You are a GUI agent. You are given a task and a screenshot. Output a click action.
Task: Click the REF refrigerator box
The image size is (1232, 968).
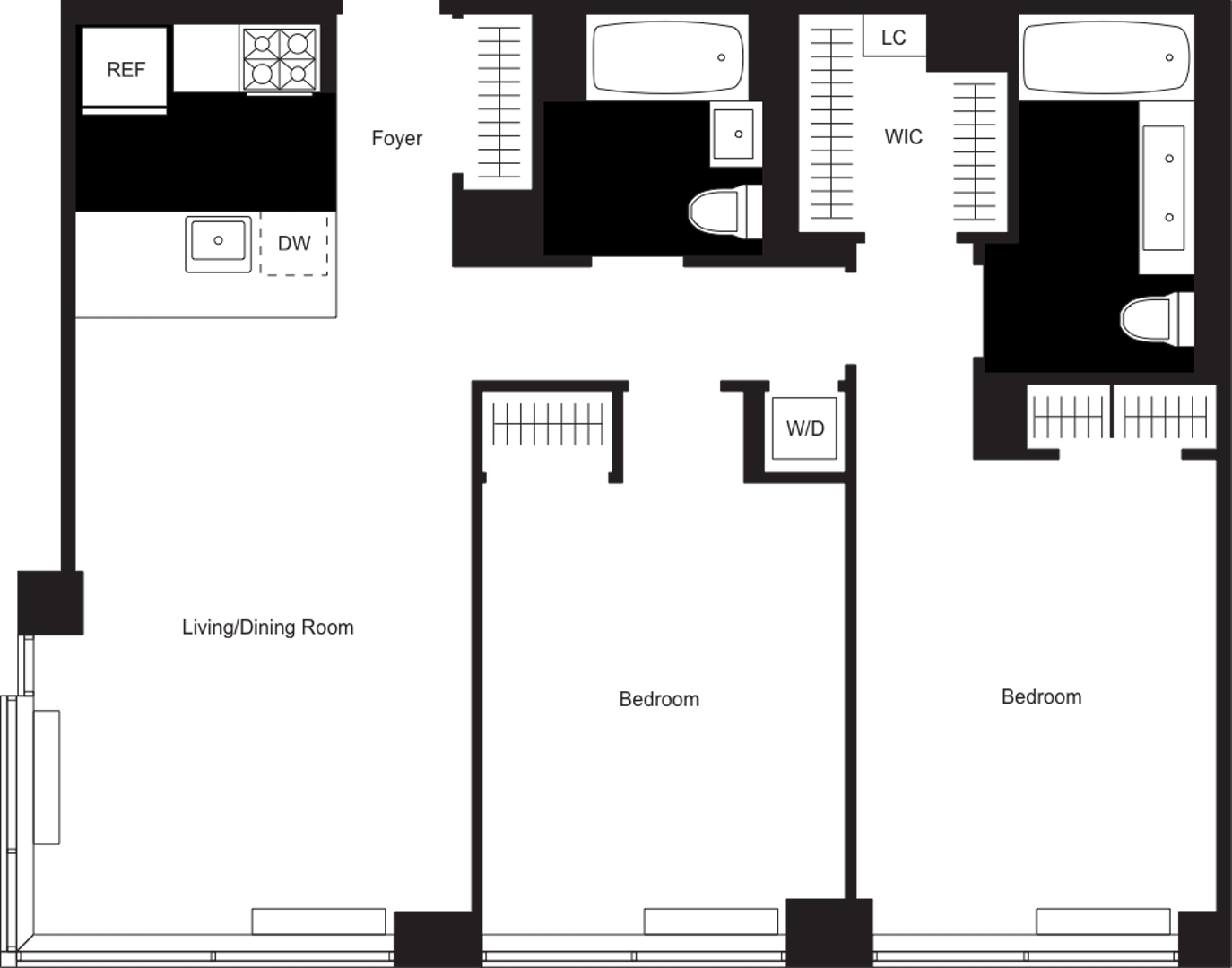coord(125,68)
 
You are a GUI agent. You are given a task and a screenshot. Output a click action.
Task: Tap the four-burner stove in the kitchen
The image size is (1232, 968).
coord(280,58)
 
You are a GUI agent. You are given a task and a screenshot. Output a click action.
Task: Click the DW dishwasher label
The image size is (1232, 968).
coord(294,243)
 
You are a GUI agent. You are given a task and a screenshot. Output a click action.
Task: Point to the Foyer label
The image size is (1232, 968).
coord(397,139)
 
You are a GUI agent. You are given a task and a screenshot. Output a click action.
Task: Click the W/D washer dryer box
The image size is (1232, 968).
coord(804,428)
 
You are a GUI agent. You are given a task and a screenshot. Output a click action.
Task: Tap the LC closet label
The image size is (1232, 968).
coord(893,38)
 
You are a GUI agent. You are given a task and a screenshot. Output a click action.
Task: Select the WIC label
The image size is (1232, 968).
coord(903,136)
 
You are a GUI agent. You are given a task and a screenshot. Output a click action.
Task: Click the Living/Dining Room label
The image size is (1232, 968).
coord(267,627)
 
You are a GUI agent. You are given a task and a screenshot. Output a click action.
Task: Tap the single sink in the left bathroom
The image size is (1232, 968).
coord(736,134)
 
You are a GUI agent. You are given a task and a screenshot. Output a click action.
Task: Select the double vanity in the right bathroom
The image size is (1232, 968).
coord(1165,187)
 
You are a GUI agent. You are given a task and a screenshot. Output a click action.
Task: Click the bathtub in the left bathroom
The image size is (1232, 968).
coord(667,57)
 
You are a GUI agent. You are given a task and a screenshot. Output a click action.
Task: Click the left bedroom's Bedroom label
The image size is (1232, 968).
coord(658,699)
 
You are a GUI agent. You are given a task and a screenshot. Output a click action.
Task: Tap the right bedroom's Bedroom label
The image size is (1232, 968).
coord(1041,696)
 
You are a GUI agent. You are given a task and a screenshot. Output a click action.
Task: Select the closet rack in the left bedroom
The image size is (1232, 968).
coord(548,423)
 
